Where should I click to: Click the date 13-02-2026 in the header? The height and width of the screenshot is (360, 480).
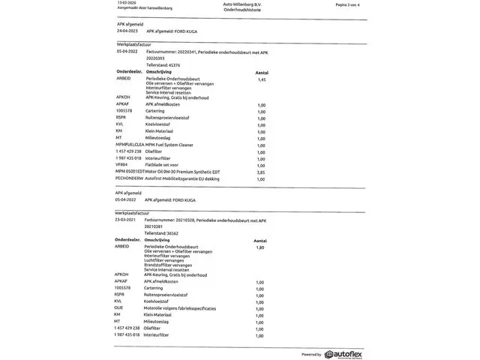tap(118, 4)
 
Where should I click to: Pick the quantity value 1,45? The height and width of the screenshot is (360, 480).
tap(262, 79)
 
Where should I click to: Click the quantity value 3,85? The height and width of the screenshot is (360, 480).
tap(262, 172)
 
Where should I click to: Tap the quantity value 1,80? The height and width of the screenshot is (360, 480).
tap(260, 247)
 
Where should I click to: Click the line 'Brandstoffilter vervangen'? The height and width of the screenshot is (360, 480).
tap(169, 265)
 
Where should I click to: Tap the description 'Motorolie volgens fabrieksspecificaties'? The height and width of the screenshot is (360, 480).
tap(181, 307)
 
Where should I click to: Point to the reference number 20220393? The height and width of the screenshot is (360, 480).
tap(157, 58)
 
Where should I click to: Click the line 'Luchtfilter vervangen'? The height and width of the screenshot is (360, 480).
tap(166, 260)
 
